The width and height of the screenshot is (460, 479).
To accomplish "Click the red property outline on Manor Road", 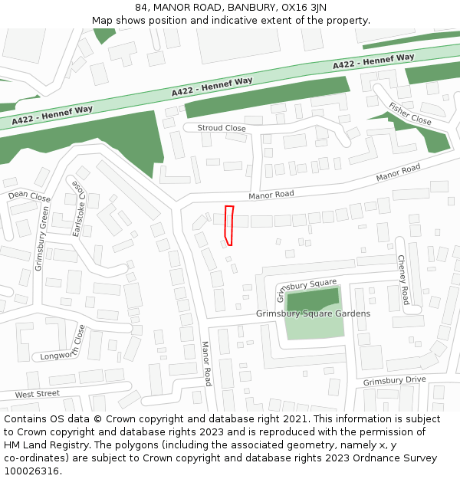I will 228,225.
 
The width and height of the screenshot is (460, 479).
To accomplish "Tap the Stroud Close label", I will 222,128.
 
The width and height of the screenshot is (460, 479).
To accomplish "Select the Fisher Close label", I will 410,114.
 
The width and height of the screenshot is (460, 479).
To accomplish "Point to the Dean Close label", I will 29,197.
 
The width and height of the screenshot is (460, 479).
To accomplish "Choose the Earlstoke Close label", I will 77,208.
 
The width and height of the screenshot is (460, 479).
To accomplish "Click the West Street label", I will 37,394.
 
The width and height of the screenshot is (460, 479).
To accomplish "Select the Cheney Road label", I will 403,279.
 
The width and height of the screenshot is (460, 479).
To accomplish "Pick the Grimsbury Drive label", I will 394,381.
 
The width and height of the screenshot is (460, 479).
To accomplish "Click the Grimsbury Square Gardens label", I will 313,313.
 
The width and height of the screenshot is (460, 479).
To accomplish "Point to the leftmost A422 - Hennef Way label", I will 52,115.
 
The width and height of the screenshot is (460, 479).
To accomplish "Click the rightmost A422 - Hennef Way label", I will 373,61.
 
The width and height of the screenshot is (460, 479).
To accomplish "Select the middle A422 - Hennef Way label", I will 212,87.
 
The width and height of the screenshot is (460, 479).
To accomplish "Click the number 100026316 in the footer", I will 33,471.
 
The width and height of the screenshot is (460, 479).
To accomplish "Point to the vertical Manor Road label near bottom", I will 206,363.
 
